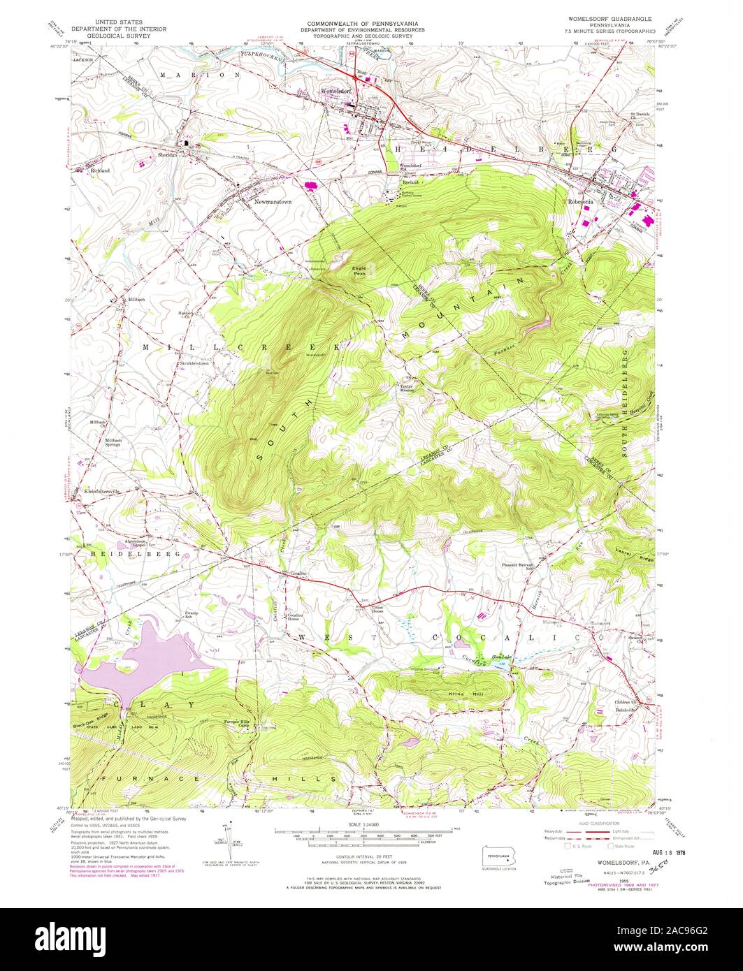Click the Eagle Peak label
(x=359, y=271)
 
